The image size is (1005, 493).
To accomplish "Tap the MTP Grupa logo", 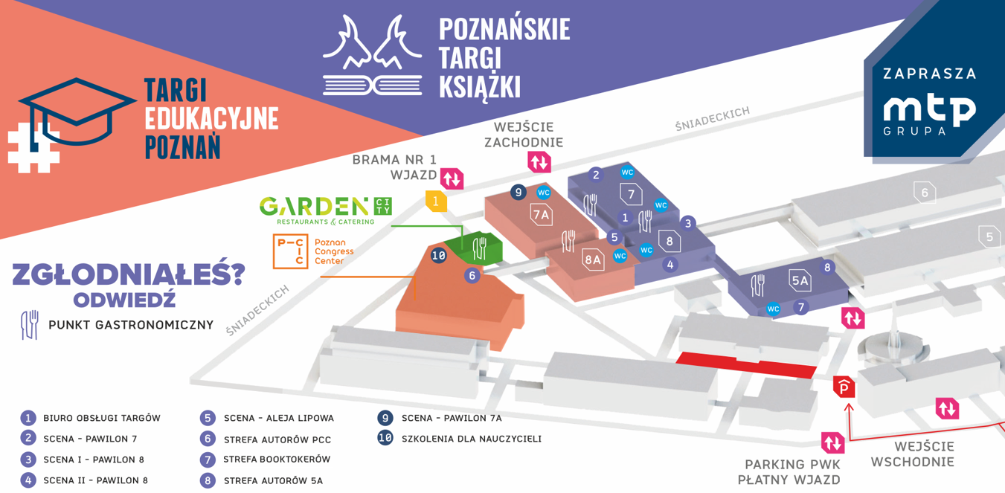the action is [929, 112].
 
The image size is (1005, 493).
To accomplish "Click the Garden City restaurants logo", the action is [325, 210].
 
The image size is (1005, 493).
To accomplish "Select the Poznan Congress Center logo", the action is [313, 251].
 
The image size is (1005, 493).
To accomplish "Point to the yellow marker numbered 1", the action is [436, 201].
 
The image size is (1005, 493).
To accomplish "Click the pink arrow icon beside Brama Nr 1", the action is [452, 178].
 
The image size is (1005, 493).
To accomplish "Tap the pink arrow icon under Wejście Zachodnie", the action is [539, 161].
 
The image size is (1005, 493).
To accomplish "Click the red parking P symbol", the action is [844, 387].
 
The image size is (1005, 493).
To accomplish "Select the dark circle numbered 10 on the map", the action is [439, 256].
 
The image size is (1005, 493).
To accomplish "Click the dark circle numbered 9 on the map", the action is [518, 192].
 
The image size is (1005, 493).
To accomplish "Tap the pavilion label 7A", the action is [542, 215].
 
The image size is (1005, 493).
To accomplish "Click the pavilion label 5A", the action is [799, 280].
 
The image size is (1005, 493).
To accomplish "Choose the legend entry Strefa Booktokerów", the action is [276, 460].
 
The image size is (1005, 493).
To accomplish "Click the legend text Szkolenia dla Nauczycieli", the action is [471, 439].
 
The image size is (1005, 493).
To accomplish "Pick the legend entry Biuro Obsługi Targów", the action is [101, 418].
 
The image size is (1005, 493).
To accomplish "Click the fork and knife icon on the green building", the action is [480, 248].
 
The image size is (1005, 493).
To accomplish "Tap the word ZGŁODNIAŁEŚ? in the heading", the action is [129, 274].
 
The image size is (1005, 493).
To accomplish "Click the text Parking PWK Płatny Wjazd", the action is [789, 471].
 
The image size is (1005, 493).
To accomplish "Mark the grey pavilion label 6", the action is [924, 193].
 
